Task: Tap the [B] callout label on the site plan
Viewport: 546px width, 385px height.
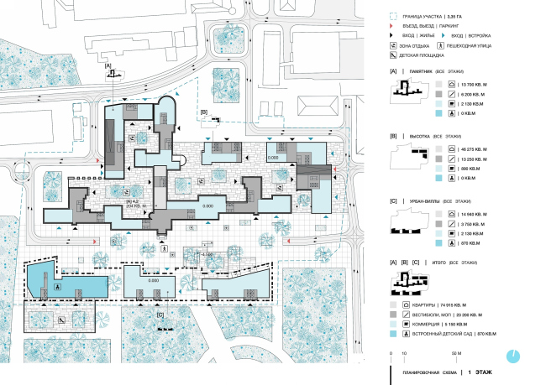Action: coord(204,112)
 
